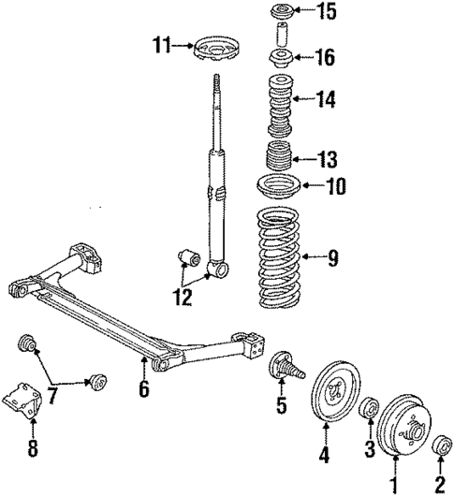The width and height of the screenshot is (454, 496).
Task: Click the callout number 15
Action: pyautogui.click(x=325, y=14)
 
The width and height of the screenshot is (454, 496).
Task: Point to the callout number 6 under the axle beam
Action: pyautogui.click(x=143, y=387)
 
